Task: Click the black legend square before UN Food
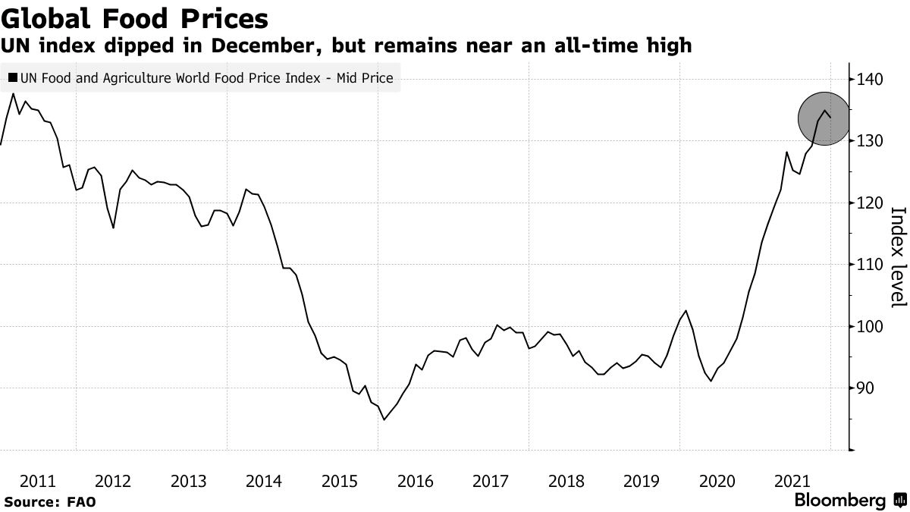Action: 12,77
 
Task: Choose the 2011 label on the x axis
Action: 38,481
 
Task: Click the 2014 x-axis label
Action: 264,481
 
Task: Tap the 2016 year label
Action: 415,481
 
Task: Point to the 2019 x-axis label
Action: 642,481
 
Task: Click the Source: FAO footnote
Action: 50,501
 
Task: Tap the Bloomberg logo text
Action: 839,501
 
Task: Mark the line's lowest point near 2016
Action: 384,419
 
